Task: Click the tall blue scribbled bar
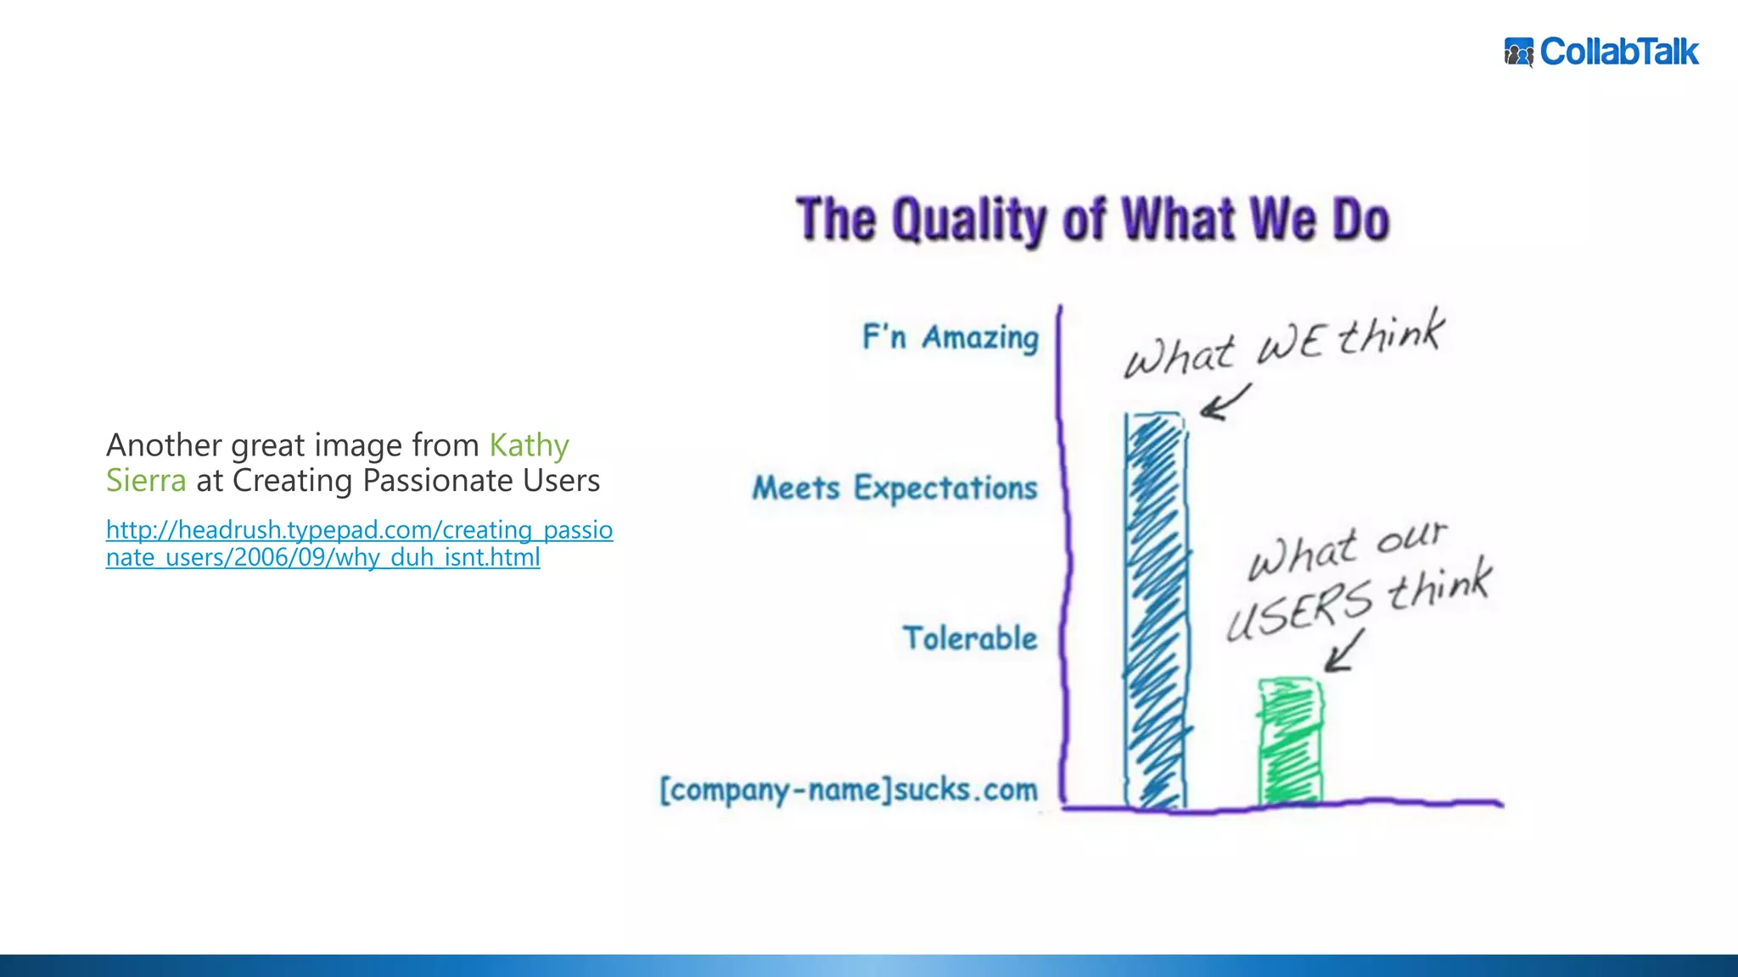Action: tap(1156, 611)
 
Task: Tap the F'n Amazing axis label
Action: tap(950, 338)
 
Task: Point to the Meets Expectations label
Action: tap(894, 488)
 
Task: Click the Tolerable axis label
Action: tap(969, 639)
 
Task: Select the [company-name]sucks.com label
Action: tap(849, 790)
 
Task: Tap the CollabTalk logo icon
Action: tap(1518, 53)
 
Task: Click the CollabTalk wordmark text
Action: tap(1619, 53)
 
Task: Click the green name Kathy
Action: tap(529, 445)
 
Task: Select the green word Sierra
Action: tap(145, 481)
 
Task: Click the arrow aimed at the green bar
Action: tap(1343, 651)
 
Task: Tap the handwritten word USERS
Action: tap(1298, 609)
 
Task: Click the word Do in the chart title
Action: tap(1360, 221)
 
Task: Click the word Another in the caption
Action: tap(164, 445)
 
